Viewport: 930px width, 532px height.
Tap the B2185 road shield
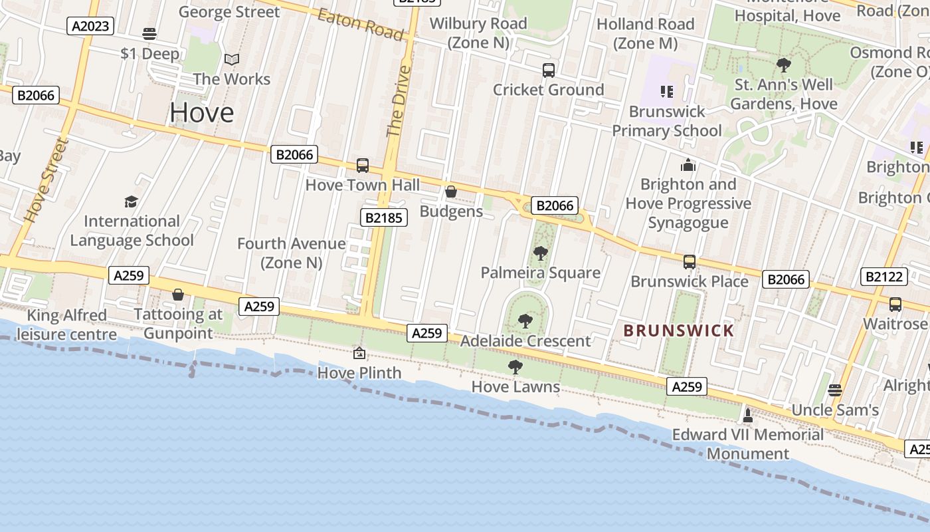point(384,217)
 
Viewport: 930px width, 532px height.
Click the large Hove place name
point(201,112)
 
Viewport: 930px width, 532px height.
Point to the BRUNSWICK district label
point(679,331)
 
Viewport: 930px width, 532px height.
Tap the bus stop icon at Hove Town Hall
point(363,165)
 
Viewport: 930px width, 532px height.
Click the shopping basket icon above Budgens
point(451,192)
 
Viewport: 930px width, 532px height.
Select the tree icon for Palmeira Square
point(541,253)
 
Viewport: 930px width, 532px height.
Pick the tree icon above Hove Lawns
point(515,366)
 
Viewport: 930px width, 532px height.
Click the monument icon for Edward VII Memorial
point(748,415)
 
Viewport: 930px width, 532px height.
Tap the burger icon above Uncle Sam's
point(835,390)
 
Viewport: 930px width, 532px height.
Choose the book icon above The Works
point(231,60)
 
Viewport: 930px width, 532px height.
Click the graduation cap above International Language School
point(132,201)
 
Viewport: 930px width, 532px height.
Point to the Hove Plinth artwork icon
point(359,353)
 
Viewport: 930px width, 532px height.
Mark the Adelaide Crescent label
point(525,341)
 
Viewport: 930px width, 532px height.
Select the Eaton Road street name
point(360,25)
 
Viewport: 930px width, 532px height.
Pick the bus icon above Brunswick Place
point(690,261)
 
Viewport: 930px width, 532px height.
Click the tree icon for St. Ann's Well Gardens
point(784,65)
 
